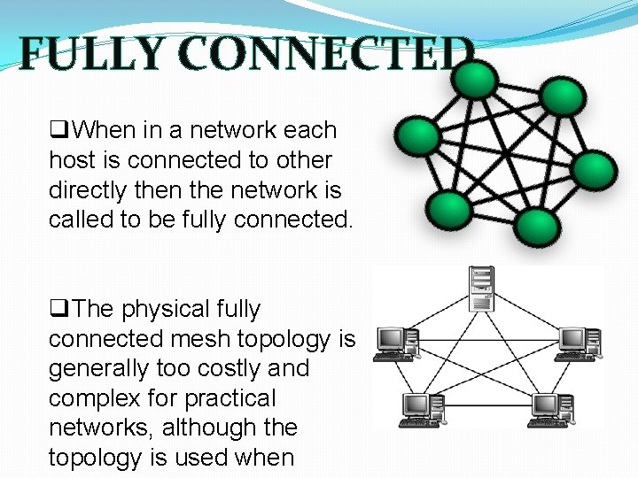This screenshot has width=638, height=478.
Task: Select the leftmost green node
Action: click(416, 136)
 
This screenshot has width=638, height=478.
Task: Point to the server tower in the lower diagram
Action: click(482, 290)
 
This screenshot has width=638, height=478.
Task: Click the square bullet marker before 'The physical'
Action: click(59, 310)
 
